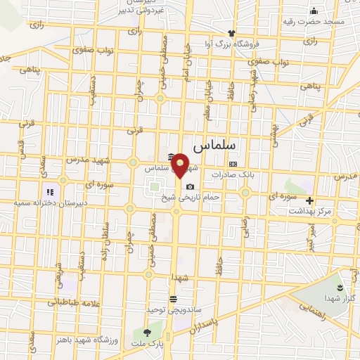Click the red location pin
pyautogui.click(x=181, y=165)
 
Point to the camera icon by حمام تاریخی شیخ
pyautogui.click(x=190, y=186)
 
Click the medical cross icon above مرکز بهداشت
pyautogui.click(x=309, y=200)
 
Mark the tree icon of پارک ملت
pyautogui.click(x=147, y=332)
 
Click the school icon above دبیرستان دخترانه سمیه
pyautogui.click(x=49, y=191)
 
